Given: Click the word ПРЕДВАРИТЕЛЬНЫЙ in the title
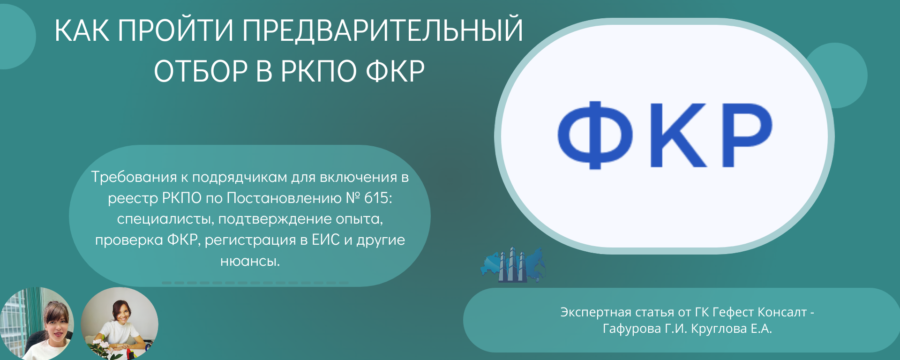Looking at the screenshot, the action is tap(382, 30).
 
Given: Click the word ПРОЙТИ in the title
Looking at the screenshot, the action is tap(175, 30).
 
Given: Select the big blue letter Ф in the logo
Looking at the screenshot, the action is tap(595, 135).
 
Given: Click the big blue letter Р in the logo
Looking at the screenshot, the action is tap(747, 135).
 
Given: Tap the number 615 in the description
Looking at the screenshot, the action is tap(377, 198).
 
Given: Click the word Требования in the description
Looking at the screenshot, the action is tap(134, 177).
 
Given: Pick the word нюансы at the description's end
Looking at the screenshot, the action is tap(250, 261).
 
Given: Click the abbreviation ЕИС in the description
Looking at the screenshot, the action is tap(326, 240).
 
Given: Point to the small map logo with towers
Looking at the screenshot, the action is tap(513, 265).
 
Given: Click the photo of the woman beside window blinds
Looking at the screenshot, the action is tap(37, 324).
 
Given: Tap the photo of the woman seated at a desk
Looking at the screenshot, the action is tap(120, 323).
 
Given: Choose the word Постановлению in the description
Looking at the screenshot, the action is tap(284, 198).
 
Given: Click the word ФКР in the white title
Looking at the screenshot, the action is tap(395, 71).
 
